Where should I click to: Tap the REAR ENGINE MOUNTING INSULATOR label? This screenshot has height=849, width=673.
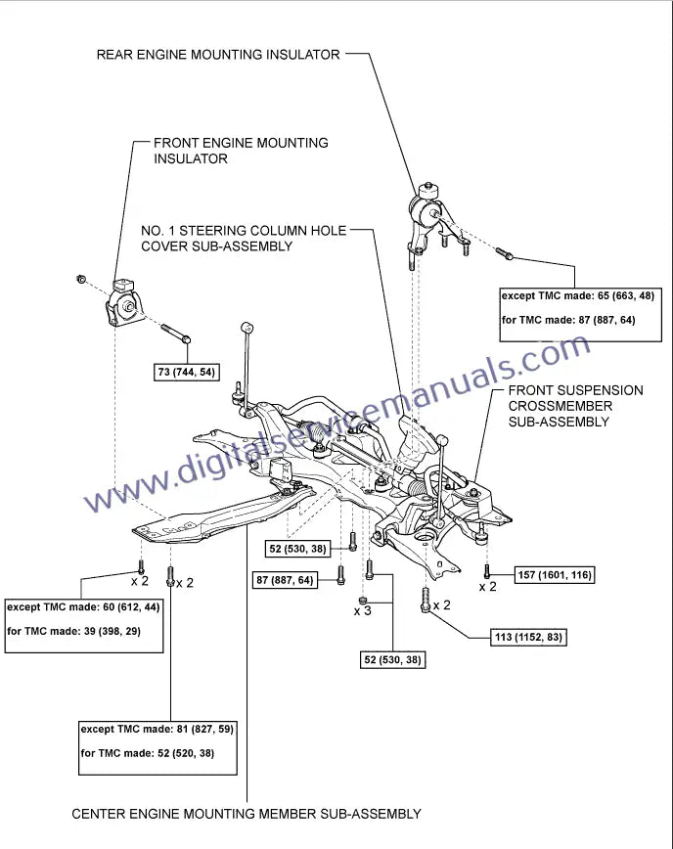pyautogui.click(x=217, y=54)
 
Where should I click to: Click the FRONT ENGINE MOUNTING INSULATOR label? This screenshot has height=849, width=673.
pyautogui.click(x=241, y=150)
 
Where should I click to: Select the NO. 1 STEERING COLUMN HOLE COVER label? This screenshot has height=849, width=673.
pyautogui.click(x=244, y=239)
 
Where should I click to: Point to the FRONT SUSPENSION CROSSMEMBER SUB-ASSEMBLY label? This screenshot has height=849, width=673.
pyautogui.click(x=575, y=406)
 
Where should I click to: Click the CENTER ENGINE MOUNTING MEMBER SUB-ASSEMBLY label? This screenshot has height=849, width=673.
pyautogui.click(x=247, y=813)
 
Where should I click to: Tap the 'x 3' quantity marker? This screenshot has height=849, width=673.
pyautogui.click(x=363, y=611)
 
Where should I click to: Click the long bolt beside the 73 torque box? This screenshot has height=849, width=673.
pyautogui.click(x=175, y=333)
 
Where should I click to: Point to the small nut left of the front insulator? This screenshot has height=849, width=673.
pyautogui.click(x=80, y=280)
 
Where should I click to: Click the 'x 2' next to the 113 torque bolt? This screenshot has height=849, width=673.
pyautogui.click(x=441, y=605)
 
